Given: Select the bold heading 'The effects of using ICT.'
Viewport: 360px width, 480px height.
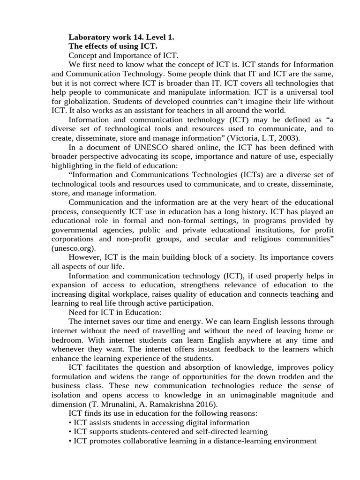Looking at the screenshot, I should click(113, 46).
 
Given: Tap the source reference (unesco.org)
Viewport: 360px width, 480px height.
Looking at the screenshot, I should click(73, 248).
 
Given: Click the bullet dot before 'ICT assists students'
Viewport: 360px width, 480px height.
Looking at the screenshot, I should click(70, 422).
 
